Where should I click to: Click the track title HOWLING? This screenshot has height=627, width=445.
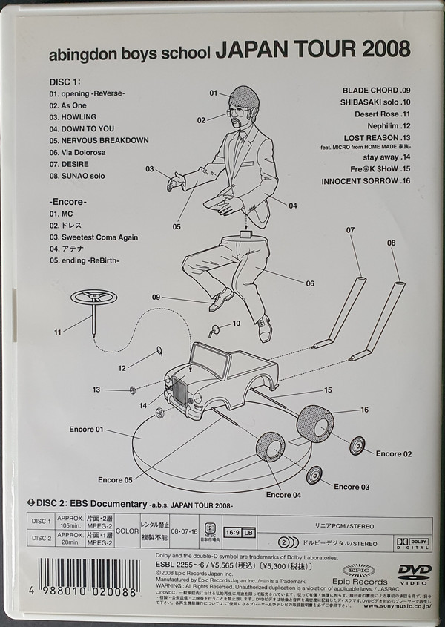[73, 117]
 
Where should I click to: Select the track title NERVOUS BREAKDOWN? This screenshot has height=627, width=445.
[99, 140]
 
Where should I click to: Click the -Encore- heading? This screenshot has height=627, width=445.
[68, 201]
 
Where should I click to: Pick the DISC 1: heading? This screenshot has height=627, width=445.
[69, 81]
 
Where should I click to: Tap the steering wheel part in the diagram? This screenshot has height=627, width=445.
[94, 298]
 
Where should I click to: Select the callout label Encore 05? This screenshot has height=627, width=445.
[115, 479]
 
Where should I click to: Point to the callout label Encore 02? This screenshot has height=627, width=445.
[394, 453]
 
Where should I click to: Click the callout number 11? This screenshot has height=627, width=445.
[58, 332]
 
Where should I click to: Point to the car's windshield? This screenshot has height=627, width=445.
[210, 362]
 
